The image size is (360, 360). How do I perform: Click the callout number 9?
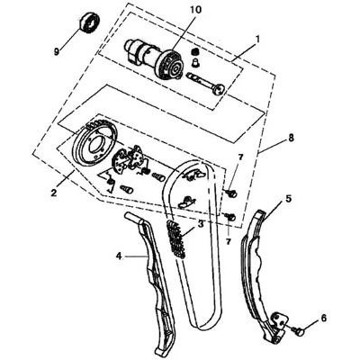click(57, 51)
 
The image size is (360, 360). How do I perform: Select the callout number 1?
click(257, 39)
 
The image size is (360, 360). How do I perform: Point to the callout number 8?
click(291, 138)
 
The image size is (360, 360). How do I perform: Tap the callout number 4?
click(119, 256)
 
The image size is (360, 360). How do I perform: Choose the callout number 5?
click(288, 198)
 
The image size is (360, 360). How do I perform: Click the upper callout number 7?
click(241, 157)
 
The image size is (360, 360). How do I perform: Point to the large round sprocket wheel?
click(96, 143)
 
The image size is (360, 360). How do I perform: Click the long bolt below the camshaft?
click(204, 83)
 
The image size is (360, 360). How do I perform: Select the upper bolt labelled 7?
click(231, 193)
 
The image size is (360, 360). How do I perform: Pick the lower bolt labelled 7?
click(230, 216)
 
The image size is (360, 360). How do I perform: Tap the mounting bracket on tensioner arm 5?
click(279, 322)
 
